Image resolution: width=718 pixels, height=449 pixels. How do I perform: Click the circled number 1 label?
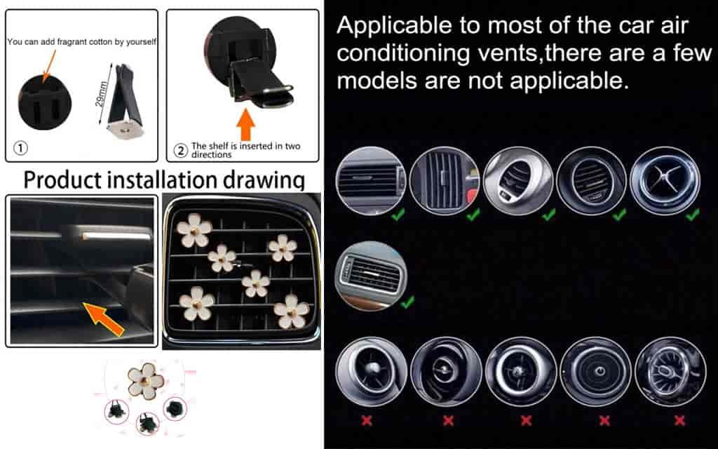[21, 148]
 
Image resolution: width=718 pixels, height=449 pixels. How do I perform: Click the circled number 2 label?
[182, 150]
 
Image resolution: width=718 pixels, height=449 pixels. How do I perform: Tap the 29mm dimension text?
[101, 94]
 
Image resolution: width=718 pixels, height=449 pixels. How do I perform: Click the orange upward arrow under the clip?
[246, 124]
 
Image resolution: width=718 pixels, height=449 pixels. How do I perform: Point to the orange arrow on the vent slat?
[104, 318]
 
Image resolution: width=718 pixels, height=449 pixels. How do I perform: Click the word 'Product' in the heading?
[62, 180]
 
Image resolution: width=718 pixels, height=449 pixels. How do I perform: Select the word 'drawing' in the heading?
[264, 180]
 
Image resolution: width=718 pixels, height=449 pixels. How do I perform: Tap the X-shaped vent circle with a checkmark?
[665, 180]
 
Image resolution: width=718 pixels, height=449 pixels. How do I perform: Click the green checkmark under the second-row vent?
[407, 302]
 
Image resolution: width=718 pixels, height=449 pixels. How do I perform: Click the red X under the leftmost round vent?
[366, 420]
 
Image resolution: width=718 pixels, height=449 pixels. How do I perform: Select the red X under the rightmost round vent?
[679, 420]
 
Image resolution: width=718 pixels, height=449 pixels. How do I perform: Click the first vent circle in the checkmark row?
[371, 180]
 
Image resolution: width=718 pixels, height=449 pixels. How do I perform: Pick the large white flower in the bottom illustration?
[146, 381]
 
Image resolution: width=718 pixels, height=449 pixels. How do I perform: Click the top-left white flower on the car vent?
[194, 229]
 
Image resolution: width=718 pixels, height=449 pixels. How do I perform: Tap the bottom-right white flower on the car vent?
[291, 311]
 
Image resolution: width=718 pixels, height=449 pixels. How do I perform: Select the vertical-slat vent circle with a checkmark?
[445, 180]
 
